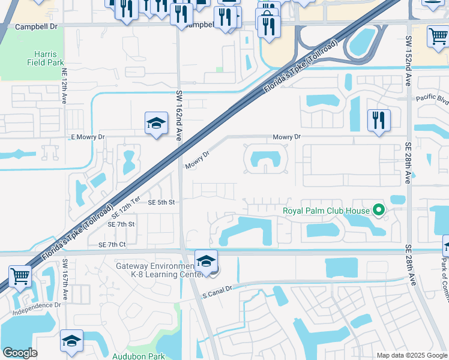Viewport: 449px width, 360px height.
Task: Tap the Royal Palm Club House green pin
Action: (378, 210)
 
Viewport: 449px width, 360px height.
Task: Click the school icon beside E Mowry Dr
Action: (156, 124)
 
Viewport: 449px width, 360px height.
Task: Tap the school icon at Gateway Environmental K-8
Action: (206, 262)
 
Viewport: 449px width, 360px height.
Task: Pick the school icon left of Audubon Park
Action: (71, 341)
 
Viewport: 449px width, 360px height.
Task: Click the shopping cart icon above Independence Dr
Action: (20, 277)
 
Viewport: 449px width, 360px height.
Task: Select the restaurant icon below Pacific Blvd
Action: (379, 121)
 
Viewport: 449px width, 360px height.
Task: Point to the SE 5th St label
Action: (161, 203)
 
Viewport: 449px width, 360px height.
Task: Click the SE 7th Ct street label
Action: (112, 245)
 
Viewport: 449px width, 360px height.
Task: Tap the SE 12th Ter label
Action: (126, 206)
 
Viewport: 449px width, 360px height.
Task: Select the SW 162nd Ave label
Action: (179, 116)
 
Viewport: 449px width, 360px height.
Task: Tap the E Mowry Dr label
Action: (88, 137)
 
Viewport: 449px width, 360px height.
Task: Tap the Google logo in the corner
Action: (20, 353)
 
